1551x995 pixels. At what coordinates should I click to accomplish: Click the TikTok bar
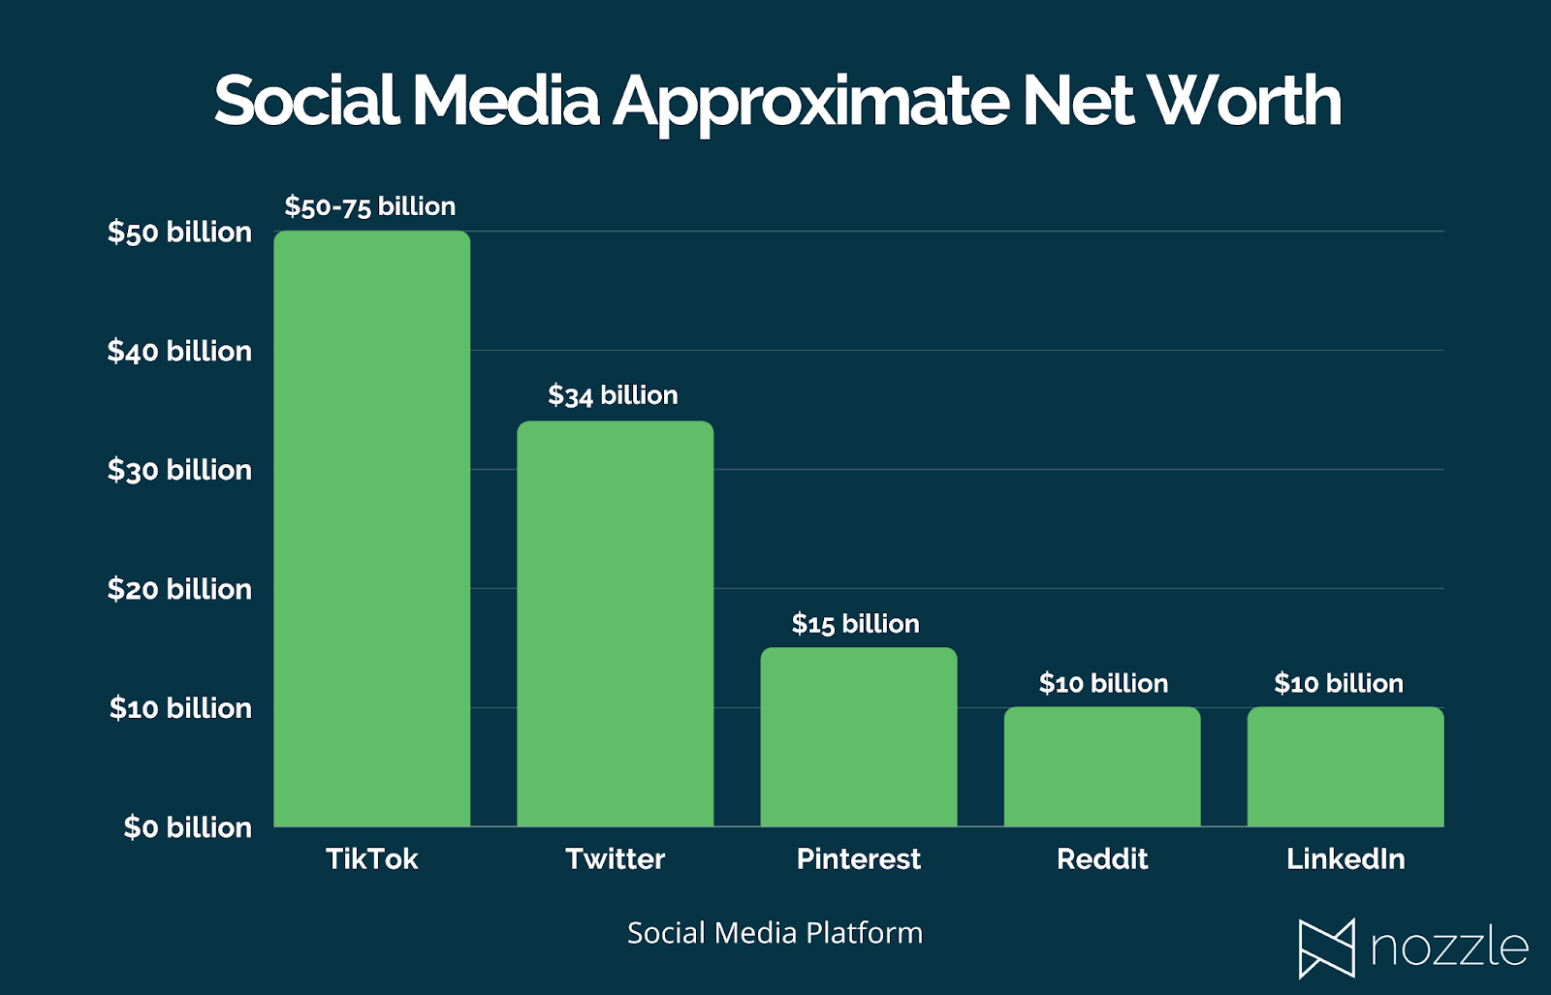371,528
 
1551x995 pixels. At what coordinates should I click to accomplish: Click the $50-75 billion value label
369,206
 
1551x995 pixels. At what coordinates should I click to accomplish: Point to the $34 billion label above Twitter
613,395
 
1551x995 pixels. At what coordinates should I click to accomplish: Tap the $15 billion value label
855,624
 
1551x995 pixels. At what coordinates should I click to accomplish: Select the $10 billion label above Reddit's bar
1103,684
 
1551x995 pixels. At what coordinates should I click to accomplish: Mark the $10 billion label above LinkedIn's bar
1339,684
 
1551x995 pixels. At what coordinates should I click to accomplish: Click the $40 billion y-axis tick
179,351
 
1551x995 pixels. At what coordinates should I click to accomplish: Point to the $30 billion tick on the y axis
179,470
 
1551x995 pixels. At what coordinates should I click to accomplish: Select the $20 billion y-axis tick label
179,589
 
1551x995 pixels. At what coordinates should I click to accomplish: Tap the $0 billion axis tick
187,827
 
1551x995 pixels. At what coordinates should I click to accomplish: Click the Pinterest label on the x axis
858,859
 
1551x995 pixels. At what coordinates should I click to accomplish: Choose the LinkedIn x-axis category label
1345,859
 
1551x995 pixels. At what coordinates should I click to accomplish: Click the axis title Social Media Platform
775,933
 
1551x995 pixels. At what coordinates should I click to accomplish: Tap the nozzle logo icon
1326,948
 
